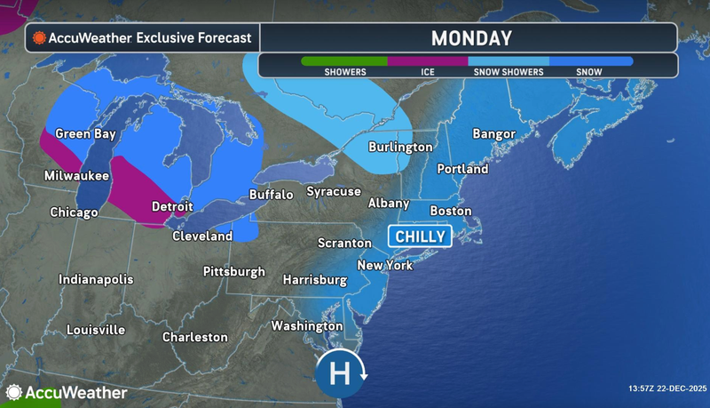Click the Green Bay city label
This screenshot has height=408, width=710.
coord(86,134)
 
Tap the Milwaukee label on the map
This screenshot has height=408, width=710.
coord(77,176)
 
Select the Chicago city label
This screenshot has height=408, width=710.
coord(74,212)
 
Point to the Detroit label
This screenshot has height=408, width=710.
coord(172,206)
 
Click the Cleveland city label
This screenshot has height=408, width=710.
coord(201,236)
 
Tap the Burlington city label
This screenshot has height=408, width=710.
coord(400,147)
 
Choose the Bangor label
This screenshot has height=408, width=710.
coord(493,134)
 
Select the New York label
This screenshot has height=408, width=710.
coord(384,265)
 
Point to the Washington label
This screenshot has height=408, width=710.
coord(307,326)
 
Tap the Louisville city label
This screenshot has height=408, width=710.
coord(96,330)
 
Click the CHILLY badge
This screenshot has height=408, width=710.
coord(419,236)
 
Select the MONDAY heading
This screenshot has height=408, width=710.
coord(470,38)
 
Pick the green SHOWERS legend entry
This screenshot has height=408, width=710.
coord(344,67)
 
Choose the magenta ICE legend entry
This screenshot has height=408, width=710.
coord(428,67)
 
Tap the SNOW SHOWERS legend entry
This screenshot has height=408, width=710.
coord(509,67)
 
